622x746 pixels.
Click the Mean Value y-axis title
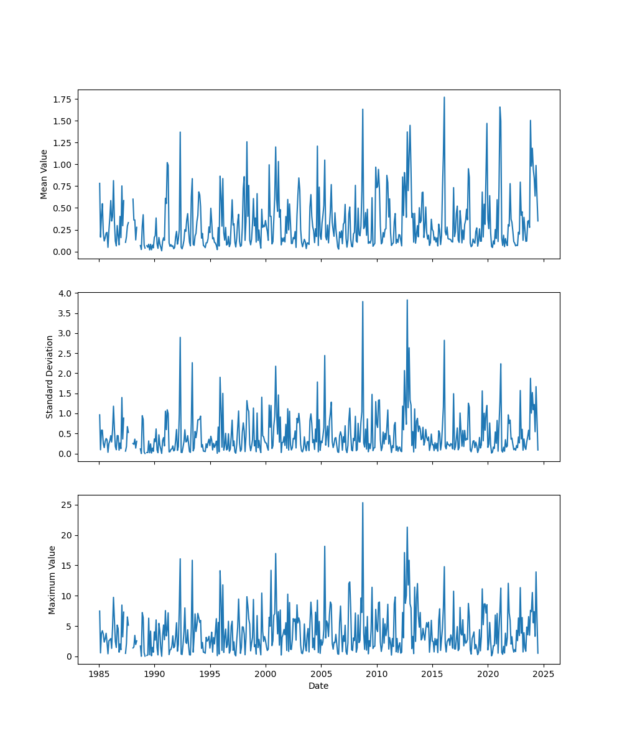pos(44,174)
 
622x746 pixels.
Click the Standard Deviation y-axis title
pos(50,377)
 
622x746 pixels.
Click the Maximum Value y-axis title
pos(52,579)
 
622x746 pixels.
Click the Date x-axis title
pos(318,686)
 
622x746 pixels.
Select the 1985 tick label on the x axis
pos(99,674)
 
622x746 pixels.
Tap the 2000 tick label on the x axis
pos(266,674)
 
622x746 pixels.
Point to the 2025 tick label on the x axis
pos(544,674)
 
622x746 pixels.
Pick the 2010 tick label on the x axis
pos(377,674)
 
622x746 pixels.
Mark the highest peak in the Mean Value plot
pos(444,97)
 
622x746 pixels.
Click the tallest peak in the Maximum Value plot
pos(363,502)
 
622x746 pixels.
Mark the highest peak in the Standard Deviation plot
pos(407,300)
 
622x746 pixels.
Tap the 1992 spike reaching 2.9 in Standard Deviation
pos(180,338)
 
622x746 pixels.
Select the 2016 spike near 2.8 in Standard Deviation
pos(444,340)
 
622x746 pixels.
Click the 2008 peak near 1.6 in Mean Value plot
pos(363,109)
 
